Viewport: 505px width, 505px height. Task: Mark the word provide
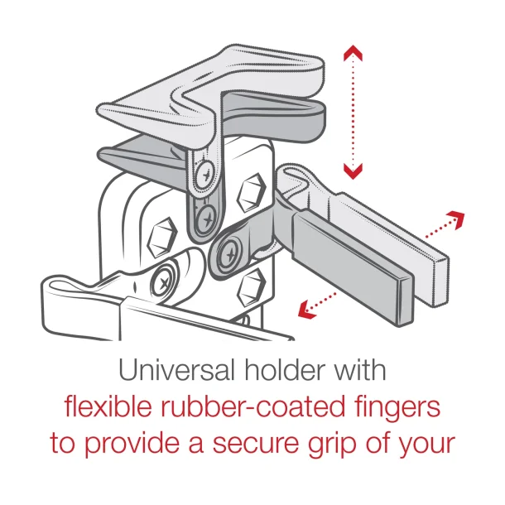click(x=131, y=444)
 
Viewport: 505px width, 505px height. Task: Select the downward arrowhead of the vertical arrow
click(x=353, y=171)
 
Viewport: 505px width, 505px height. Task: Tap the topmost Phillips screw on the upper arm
click(x=204, y=171)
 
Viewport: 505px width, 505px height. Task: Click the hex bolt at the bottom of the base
click(x=250, y=288)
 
